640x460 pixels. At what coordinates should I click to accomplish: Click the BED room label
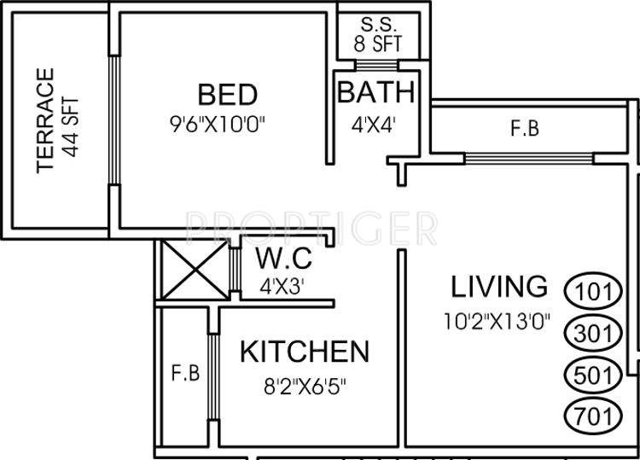(x=227, y=94)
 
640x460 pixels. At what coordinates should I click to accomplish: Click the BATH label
(x=375, y=92)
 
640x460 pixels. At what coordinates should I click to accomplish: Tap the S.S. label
(x=376, y=23)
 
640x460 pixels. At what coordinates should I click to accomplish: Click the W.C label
(x=283, y=257)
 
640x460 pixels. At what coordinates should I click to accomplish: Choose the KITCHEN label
(x=305, y=351)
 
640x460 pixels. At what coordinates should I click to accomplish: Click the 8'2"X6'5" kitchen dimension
(x=305, y=384)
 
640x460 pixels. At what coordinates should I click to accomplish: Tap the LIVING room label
(x=498, y=285)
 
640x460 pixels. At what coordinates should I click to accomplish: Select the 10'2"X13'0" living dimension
(x=498, y=322)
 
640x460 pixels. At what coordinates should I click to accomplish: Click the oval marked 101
(x=593, y=290)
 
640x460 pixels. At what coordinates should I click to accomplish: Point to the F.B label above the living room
(x=524, y=129)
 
